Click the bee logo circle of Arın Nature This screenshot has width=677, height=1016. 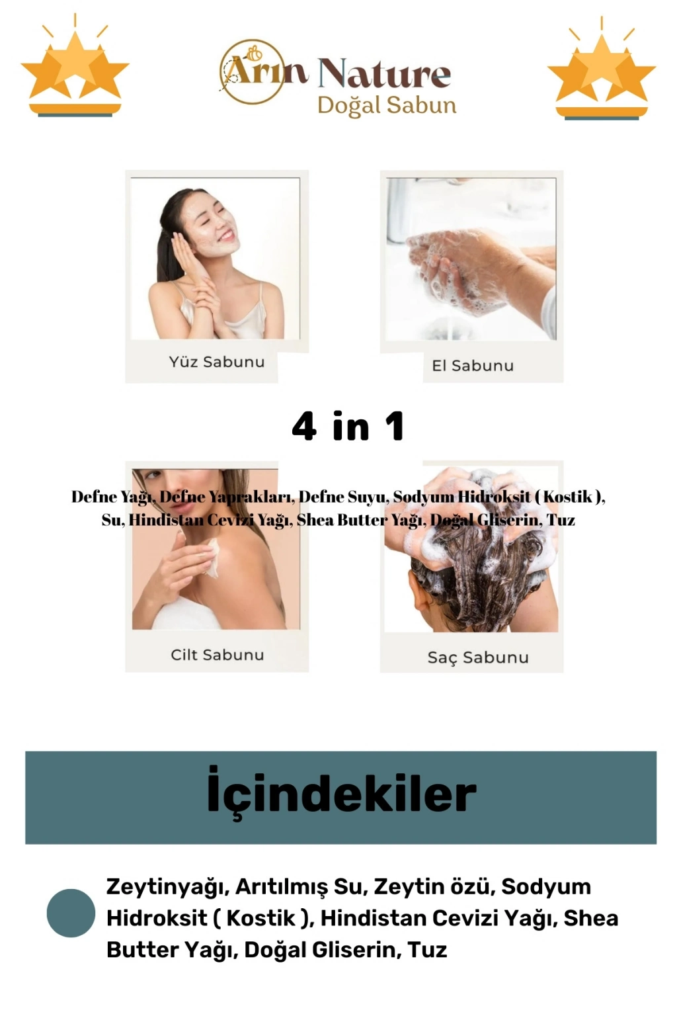pos(253,71)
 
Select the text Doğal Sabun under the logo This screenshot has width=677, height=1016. pos(387,106)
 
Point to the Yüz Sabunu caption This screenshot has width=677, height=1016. pos(217,362)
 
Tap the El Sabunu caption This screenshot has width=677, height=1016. pos(473,366)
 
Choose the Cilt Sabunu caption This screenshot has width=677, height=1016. pos(218,655)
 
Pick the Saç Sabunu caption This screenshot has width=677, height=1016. pos(478,657)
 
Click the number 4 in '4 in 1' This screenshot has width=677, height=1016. pos(304,426)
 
